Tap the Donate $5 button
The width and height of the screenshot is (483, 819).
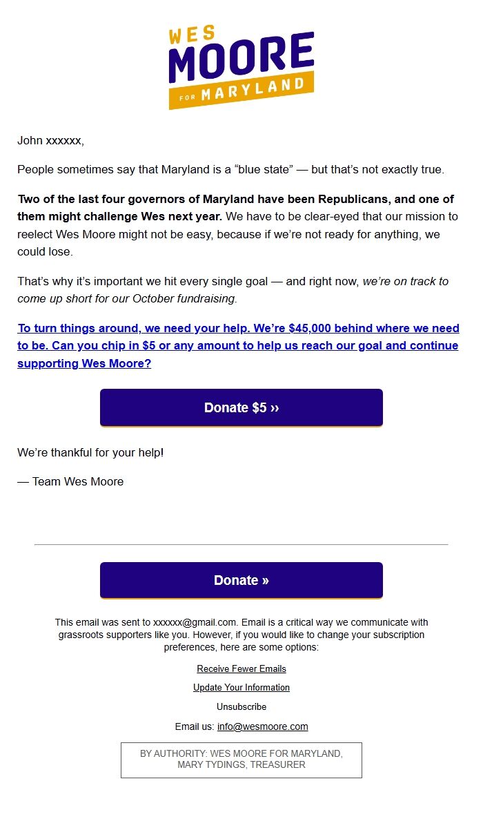[241, 407]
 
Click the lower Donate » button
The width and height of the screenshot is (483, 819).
[241, 580]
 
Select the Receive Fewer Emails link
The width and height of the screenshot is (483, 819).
[241, 668]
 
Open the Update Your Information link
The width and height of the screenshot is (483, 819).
[241, 687]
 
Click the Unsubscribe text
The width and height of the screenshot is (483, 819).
[241, 706]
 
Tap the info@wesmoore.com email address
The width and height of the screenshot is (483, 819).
[262, 726]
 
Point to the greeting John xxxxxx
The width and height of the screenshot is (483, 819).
[50, 141]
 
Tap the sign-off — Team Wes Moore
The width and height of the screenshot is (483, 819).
[70, 481]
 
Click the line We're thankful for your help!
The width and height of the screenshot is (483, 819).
[90, 453]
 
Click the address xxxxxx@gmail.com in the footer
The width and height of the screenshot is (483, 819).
[195, 622]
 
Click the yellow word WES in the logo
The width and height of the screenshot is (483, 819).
[191, 35]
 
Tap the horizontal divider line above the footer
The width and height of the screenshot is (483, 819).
[241, 544]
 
